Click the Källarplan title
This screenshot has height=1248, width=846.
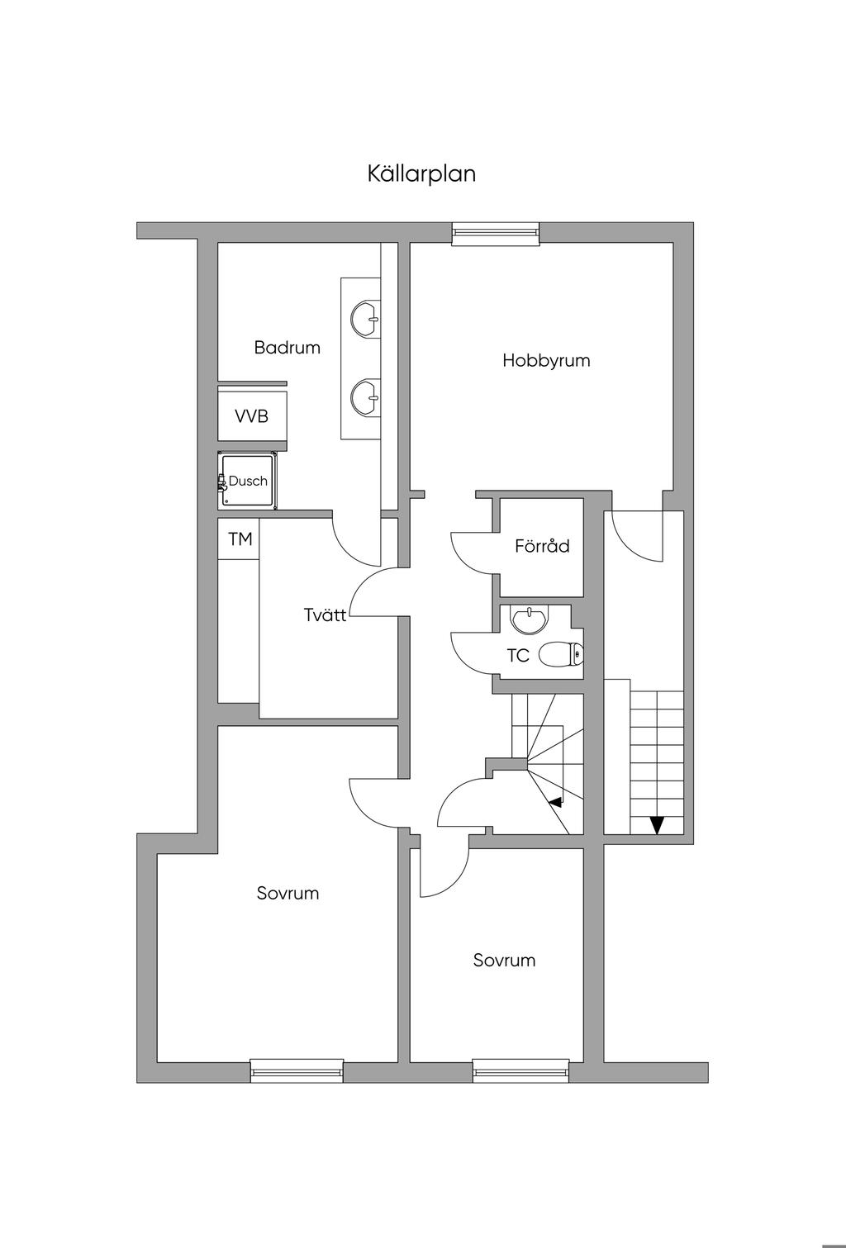(421, 174)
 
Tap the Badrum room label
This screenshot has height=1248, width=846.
(287, 348)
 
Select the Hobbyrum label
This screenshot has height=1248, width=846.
(546, 360)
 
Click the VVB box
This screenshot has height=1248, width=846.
(252, 416)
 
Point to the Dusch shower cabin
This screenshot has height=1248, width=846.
(248, 481)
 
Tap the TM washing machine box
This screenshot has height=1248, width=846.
(240, 539)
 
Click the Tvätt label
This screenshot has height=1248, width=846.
(325, 615)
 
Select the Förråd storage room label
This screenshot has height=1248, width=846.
(542, 546)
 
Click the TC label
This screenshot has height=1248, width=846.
(518, 656)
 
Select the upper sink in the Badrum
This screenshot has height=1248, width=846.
(365, 318)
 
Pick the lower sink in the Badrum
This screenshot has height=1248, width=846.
(365, 396)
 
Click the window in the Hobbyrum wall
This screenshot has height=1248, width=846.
(495, 235)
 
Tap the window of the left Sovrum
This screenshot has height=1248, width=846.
(297, 1071)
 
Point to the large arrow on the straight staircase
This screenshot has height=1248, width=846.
(657, 824)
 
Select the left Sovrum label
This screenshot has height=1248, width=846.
(288, 893)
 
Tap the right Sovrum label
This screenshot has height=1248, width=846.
(504, 960)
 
